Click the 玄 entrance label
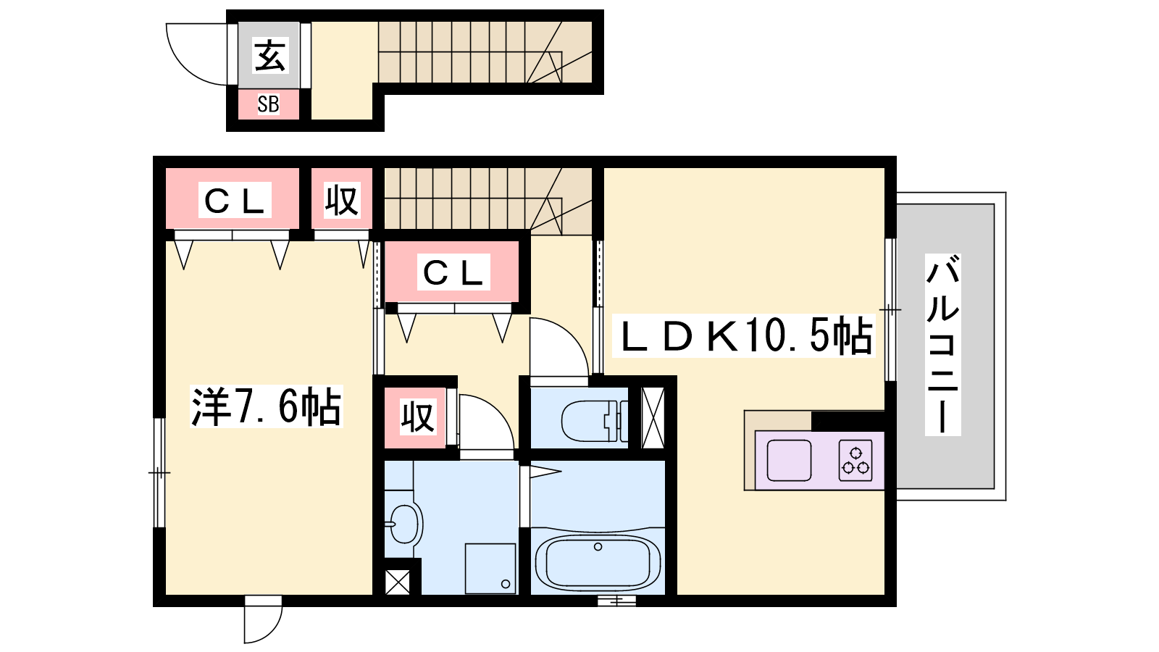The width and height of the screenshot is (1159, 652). click(269, 55)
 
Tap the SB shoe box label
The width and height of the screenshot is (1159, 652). click(269, 104)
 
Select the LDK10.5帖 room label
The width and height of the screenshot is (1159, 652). click(743, 336)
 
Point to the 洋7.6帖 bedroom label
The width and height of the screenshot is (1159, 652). click(266, 406)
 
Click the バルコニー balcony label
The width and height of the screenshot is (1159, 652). click(942, 344)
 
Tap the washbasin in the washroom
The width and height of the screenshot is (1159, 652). click(405, 524)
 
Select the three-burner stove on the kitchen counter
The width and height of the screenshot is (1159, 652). click(855, 461)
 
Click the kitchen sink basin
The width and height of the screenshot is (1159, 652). click(789, 461)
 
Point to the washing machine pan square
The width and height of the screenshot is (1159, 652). click(490, 568)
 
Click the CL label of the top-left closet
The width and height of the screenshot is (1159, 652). click(235, 200)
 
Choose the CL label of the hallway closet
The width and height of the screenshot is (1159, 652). click(453, 272)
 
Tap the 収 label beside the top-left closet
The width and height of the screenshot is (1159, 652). click(341, 200)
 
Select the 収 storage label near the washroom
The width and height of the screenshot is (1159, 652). click(417, 417)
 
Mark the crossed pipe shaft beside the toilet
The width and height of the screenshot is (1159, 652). click(653, 417)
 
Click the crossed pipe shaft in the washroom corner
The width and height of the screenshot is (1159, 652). click(398, 582)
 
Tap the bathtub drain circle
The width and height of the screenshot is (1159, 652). click(598, 546)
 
